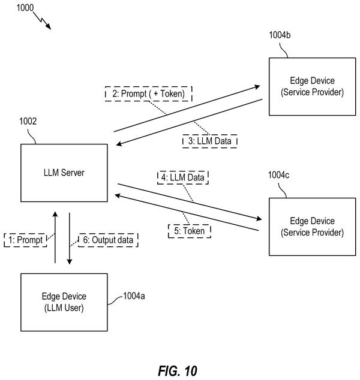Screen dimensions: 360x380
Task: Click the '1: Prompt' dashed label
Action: pyautogui.click(x=25, y=240)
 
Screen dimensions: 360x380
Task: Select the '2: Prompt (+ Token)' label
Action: pyautogui.click(x=148, y=94)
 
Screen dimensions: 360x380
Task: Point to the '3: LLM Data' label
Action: pyautogui.click(x=210, y=141)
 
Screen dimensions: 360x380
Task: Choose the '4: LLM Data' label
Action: pyautogui.click(x=183, y=177)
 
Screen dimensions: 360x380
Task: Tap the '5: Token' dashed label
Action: pyautogui.click(x=190, y=231)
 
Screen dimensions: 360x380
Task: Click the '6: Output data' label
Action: pyautogui.click(x=108, y=240)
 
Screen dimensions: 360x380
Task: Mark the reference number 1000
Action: pyautogui.click(x=25, y=8)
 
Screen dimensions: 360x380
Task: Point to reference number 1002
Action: pyautogui.click(x=28, y=121)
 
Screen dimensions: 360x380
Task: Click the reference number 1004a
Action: pyautogui.click(x=134, y=296)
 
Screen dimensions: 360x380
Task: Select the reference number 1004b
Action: pyautogui.click(x=280, y=35)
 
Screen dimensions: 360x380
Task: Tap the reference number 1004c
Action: pyautogui.click(x=279, y=175)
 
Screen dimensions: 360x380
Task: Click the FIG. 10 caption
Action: pyautogui.click(x=178, y=371)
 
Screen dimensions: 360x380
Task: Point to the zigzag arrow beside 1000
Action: pyautogui.click(x=42, y=20)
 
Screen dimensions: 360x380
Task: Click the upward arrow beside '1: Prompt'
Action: pyautogui.click(x=55, y=237)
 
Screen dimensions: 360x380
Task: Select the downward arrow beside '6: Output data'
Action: pyautogui.click(x=70, y=239)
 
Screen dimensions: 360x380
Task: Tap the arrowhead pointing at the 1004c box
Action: pyautogui.click(x=259, y=218)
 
